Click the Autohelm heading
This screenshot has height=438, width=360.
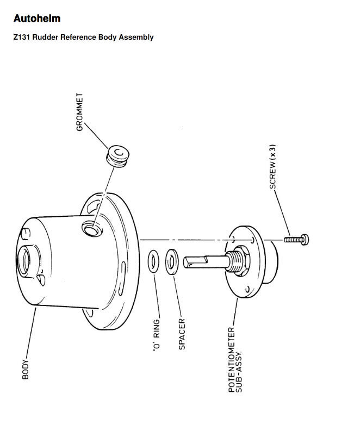coord(37,18)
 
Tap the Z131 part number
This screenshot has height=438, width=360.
coord(22,37)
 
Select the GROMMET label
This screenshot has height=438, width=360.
coord(79,112)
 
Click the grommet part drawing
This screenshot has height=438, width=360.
coord(117,156)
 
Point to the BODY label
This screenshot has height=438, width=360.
coord(26,370)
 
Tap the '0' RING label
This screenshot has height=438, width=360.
coord(157,335)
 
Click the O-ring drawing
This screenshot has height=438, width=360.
coord(153,261)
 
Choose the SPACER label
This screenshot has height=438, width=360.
coord(182,334)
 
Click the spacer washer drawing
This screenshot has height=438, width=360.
coord(172,262)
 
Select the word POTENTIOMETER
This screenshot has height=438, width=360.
coord(232,360)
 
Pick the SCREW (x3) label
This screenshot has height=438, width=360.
coord(273,166)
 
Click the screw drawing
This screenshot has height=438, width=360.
coord(296,240)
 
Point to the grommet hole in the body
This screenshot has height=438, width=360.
coord(92,228)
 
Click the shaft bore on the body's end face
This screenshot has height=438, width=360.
coord(24,260)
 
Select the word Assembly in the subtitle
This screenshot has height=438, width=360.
coord(136,37)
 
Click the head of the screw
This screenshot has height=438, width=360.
coord(305,240)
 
